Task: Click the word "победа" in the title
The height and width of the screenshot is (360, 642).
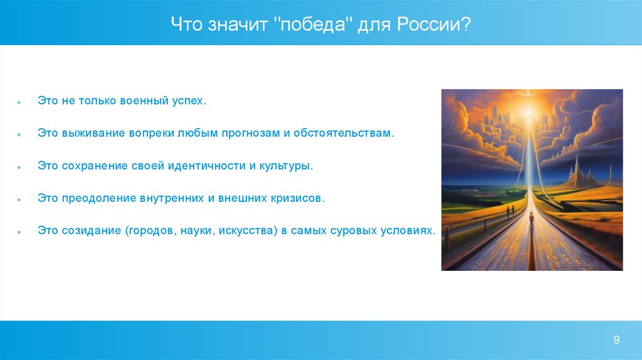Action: pos(312,24)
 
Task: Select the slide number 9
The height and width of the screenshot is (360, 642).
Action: pos(616,339)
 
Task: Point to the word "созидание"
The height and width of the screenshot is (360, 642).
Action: pos(92,231)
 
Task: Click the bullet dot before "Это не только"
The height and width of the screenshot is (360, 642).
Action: pos(19,102)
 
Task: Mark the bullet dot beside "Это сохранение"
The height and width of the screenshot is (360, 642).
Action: pos(19,167)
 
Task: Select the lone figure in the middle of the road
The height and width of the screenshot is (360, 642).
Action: pos(532,220)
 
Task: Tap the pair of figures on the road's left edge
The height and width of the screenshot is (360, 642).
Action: pos(510,211)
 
